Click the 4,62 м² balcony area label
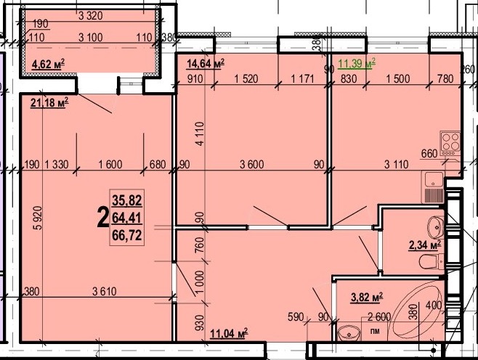coord(48,65)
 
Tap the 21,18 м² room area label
coord(49,103)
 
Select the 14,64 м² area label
coord(206,64)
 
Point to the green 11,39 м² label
coord(357,64)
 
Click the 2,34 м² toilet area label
coord(425,245)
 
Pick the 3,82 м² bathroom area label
coord(367,298)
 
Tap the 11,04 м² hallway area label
coord(229,334)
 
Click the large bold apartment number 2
coord(102,218)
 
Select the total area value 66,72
coord(127,235)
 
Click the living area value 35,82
coord(127,200)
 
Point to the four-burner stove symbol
coord(450,142)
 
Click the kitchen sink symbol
coord(433,187)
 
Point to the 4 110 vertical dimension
coord(200,134)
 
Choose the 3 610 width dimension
coord(105,292)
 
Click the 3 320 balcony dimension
coord(91,16)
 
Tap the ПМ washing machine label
coord(376,331)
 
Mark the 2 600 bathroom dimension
coord(379,317)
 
